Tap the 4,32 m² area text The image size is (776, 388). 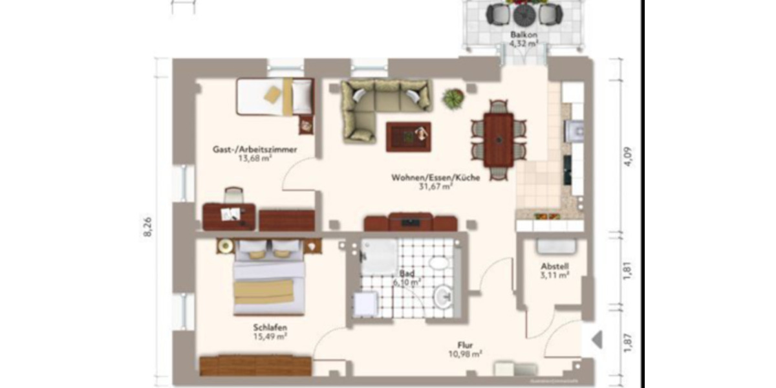[523, 44]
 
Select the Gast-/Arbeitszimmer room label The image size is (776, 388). [255, 149]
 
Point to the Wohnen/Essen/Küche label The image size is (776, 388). [435, 178]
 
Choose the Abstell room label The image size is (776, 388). [555, 266]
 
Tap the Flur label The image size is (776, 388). [466, 345]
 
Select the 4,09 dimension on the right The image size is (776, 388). [627, 156]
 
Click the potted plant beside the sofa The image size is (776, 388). [453, 99]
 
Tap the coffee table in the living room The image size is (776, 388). [408, 136]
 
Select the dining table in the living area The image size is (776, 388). [499, 138]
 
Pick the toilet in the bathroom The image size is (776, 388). [439, 264]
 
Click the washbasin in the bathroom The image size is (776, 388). [444, 297]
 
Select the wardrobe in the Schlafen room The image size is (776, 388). [255, 365]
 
